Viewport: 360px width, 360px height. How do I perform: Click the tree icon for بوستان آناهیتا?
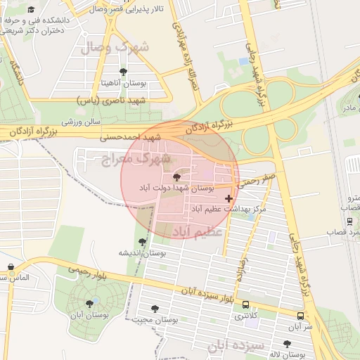[124, 71]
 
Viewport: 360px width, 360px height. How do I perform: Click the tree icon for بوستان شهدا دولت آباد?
[176, 177]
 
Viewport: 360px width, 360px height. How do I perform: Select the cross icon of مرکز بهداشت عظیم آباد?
[229, 199]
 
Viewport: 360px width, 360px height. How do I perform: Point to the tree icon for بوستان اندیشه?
[143, 241]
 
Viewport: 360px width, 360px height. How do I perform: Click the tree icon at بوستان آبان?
[89, 304]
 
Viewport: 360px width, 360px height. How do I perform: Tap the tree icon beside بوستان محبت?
[155, 307]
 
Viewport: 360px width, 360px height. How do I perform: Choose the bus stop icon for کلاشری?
[245, 304]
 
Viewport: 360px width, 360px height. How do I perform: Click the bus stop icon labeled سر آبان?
[300, 316]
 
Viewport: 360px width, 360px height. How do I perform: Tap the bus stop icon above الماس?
[11, 267]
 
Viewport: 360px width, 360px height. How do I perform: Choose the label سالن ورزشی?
[77, 120]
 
